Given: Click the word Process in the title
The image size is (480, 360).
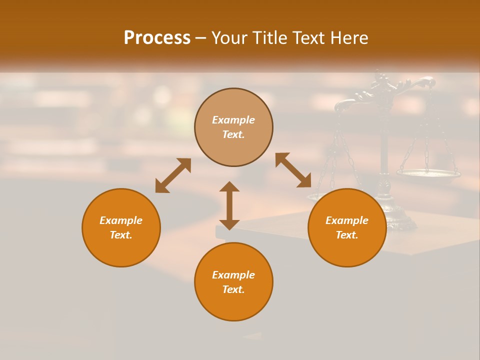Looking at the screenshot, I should (157, 38).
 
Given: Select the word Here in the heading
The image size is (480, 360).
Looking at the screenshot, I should (349, 38).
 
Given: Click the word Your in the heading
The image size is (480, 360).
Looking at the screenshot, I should (229, 38).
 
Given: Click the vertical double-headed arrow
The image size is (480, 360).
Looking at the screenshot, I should (229, 205).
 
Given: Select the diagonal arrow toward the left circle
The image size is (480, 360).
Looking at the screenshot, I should (173, 175).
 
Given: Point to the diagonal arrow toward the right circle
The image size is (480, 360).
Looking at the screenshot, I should (293, 170).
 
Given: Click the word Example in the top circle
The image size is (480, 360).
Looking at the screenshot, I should (233, 120).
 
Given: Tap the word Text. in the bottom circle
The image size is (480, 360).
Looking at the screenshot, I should (233, 289).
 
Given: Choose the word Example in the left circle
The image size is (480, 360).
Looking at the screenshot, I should (121, 220).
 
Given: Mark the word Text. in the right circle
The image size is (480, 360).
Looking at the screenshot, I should (347, 235).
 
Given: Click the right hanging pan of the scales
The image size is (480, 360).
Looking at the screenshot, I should (428, 173).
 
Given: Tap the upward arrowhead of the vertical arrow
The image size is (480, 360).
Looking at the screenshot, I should (229, 187).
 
